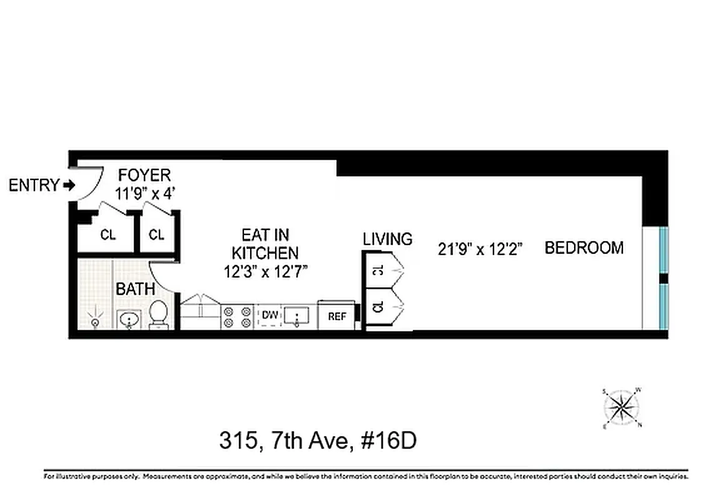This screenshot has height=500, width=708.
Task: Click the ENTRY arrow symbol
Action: (x=69, y=185)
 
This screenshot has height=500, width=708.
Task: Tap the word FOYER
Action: (x=144, y=174)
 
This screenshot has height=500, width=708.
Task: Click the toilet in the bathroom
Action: (x=158, y=314)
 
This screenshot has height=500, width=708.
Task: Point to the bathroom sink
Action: (x=129, y=320)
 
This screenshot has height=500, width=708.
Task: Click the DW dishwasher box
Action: (x=270, y=314)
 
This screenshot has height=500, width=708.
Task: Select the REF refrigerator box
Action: (x=336, y=316)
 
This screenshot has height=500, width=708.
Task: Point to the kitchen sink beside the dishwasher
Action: (x=296, y=316)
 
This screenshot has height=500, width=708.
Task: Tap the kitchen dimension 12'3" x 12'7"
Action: (x=265, y=272)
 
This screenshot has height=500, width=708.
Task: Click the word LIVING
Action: (x=388, y=239)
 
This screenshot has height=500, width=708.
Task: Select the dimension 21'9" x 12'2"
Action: (x=480, y=249)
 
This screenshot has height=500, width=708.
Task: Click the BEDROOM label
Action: (x=584, y=248)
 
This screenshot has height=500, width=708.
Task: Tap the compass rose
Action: (x=622, y=408)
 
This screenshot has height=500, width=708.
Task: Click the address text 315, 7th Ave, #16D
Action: (x=318, y=441)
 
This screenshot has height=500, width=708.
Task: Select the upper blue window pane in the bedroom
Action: (x=664, y=250)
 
